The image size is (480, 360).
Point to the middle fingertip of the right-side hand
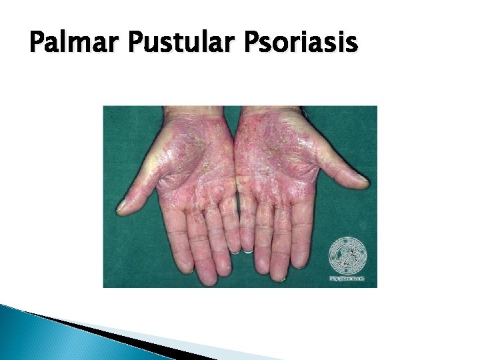pos(279,272)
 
